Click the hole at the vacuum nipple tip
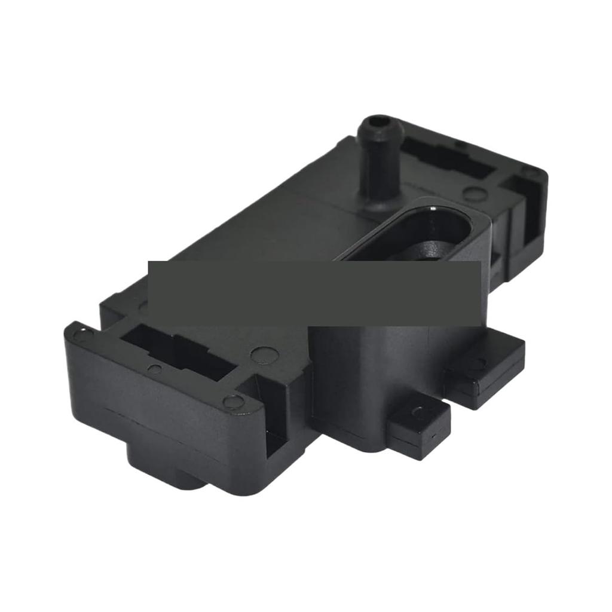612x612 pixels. pyautogui.click(x=375, y=122)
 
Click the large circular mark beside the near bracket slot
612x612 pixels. pyautogui.click(x=264, y=356)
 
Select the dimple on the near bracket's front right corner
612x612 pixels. pyautogui.click(x=234, y=402)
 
